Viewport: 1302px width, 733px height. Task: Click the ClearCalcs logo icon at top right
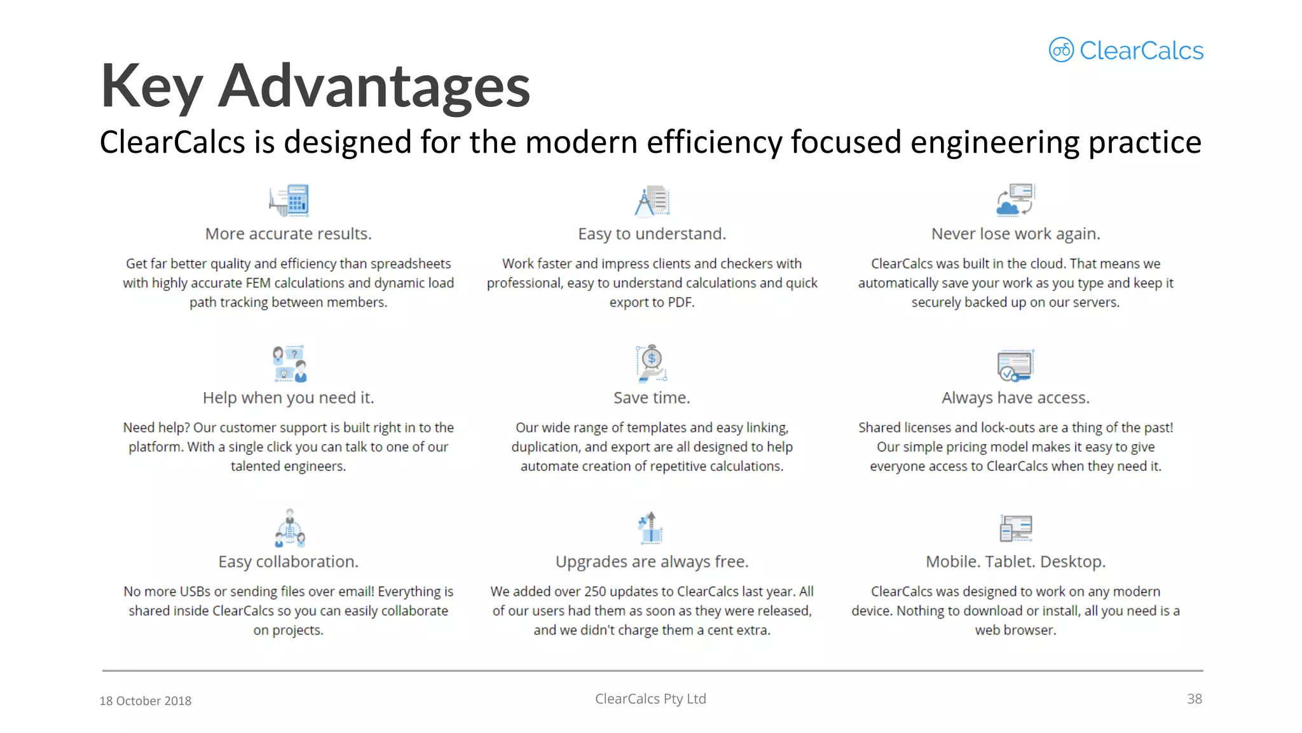click(x=1061, y=50)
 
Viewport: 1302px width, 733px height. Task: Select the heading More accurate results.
click(x=288, y=234)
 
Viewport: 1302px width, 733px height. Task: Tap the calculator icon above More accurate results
click(x=289, y=200)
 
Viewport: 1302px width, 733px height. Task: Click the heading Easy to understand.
click(x=652, y=234)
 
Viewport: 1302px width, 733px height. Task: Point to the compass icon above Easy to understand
click(x=651, y=201)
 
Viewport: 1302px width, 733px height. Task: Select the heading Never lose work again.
click(x=1015, y=234)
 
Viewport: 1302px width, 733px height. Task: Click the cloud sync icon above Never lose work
click(x=1015, y=200)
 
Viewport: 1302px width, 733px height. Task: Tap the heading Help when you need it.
click(x=288, y=398)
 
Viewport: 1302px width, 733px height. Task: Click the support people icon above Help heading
click(x=289, y=363)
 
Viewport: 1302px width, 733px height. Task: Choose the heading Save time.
click(x=652, y=398)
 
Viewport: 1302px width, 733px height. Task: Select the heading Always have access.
click(x=1015, y=398)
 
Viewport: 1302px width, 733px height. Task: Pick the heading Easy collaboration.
click(x=288, y=562)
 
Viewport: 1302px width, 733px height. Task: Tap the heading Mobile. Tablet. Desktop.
click(x=1015, y=562)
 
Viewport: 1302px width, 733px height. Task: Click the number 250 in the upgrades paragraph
click(x=595, y=592)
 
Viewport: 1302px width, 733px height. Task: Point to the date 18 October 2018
click(x=145, y=701)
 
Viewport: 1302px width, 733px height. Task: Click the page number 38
click(x=1194, y=699)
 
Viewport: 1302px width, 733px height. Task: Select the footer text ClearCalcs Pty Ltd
click(x=650, y=699)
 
